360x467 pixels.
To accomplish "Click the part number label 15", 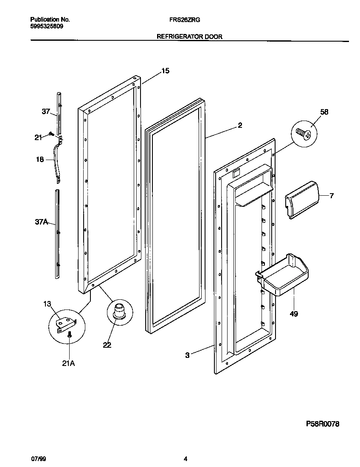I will click(165, 71).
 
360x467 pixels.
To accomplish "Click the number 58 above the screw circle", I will click(324, 112).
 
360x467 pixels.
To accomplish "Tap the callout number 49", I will click(294, 314).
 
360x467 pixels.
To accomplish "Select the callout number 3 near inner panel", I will click(187, 355).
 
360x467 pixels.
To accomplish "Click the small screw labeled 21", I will click(51, 134).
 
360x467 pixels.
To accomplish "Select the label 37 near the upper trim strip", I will click(46, 112).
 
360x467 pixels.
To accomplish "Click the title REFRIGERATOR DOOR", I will click(189, 37).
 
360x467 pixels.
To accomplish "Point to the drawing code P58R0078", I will click(323, 424).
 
